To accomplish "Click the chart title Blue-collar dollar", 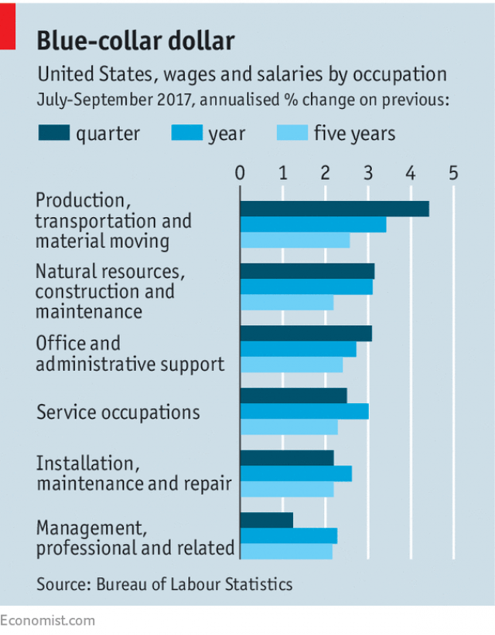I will point(135,41).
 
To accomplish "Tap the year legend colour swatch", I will point(186,134).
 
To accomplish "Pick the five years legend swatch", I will point(292,134).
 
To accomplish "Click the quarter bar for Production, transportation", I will point(334,209).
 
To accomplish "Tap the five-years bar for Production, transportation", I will point(295,240).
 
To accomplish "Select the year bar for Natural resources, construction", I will point(306,287).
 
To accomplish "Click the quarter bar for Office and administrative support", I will point(306,333).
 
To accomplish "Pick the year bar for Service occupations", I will point(304,411).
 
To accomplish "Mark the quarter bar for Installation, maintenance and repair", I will point(286,457).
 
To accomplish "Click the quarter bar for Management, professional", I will point(266,520).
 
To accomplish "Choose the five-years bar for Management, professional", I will point(286,552).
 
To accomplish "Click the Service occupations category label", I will point(118,412).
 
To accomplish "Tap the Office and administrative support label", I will point(130,353).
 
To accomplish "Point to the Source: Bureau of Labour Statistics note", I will point(164,584).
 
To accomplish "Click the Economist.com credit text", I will point(48,620).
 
